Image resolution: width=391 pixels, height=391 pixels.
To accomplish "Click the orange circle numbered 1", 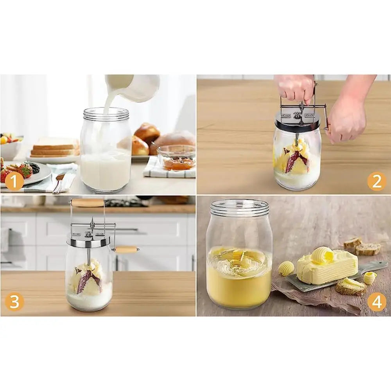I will tap(14, 182).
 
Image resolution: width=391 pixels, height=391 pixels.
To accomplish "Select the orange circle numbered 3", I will tap(14, 302).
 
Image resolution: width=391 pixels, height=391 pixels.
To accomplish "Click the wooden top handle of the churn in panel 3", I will tap(88, 202).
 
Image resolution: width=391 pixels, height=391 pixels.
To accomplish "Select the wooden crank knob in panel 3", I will tap(126, 249).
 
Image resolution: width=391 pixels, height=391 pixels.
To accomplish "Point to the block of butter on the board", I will tap(326, 268).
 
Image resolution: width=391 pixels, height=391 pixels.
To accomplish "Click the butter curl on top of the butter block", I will tap(322, 255).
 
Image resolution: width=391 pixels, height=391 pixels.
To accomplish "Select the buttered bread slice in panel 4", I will tap(350, 287).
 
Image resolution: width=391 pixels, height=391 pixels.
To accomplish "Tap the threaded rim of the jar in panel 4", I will tap(239, 207).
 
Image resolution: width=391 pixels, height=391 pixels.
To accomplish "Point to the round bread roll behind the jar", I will tap(147, 133).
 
